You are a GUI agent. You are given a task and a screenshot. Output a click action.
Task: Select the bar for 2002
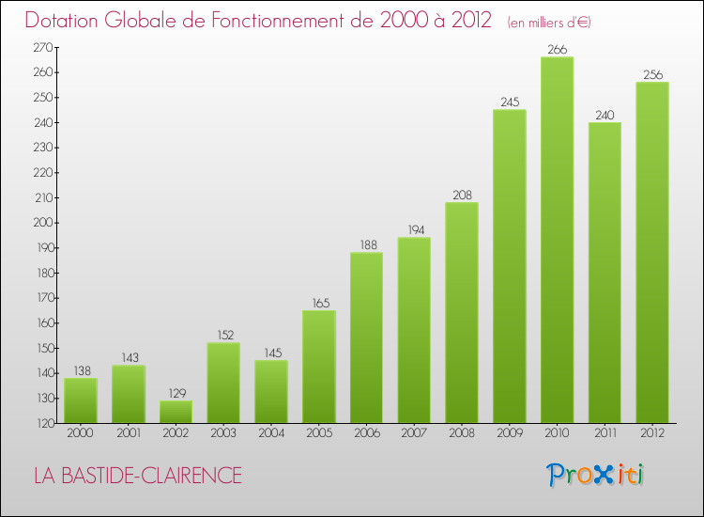(x=176, y=412)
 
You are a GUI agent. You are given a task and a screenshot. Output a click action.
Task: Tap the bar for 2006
(x=366, y=337)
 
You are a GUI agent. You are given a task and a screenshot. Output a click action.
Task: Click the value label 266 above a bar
(x=557, y=50)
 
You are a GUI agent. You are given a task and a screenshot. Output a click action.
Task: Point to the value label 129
(x=176, y=393)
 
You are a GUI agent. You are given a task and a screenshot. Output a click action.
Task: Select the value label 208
(x=462, y=195)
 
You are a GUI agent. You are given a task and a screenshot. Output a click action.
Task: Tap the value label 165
(x=318, y=303)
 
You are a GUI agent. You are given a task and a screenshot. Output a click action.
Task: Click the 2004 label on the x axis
(x=271, y=434)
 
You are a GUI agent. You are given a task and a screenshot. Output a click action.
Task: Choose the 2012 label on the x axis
(x=651, y=434)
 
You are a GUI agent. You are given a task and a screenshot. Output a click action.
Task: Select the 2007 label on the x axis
(x=414, y=434)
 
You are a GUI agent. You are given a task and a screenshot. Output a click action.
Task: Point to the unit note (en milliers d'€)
(x=549, y=22)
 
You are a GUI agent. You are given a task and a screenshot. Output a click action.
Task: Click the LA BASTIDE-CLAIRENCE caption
(x=137, y=476)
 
